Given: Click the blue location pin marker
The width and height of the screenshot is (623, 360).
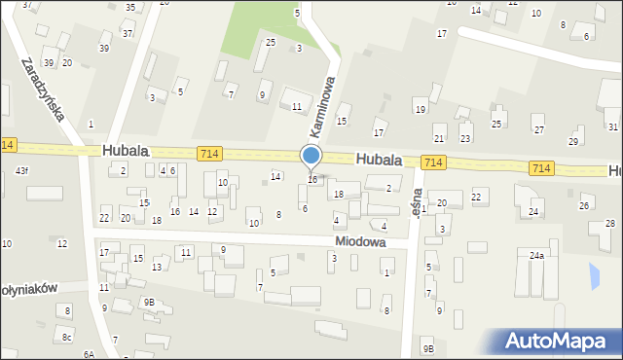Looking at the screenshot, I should [x=311, y=156].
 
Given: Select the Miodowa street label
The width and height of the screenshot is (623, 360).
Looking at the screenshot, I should [x=360, y=240].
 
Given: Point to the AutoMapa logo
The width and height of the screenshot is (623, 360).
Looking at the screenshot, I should [x=562, y=340].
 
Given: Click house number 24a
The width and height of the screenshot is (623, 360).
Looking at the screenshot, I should [x=536, y=255].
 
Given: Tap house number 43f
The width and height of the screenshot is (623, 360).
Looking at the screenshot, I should [x=21, y=172].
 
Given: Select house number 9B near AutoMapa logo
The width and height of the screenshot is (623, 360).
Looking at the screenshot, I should [x=427, y=348].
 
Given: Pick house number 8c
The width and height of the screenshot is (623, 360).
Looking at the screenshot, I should [x=67, y=338].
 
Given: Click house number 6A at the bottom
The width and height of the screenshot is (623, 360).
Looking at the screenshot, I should [x=89, y=354].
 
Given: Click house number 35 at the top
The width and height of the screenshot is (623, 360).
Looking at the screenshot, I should [x=130, y=8].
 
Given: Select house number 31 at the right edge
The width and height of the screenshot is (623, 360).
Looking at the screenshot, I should [x=612, y=126].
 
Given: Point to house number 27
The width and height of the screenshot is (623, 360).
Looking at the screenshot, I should [x=537, y=129].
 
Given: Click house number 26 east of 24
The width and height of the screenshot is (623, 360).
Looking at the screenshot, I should [x=585, y=205].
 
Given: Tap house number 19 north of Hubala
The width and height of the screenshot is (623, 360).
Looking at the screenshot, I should [x=420, y=110].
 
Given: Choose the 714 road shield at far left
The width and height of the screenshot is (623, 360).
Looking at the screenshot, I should [x=8, y=145].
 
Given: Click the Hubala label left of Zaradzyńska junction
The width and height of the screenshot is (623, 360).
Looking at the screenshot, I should [x=125, y=152].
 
